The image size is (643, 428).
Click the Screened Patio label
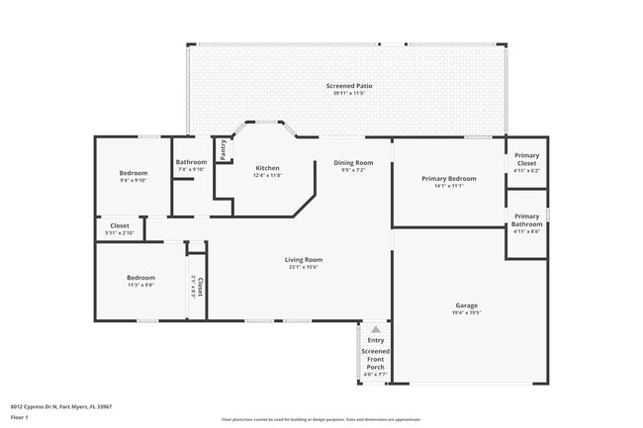coord(349,86)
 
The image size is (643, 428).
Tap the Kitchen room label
coord(268,168)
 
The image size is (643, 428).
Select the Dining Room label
coord(353,162)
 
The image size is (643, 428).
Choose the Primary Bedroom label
coord(449,179)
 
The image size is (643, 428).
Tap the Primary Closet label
coord(526,158)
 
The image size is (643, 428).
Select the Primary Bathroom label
coord(526,219)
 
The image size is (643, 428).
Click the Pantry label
coord(224,149)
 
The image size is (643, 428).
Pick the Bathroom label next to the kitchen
coord(191,162)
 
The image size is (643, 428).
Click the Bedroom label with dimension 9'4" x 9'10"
coord(134,173)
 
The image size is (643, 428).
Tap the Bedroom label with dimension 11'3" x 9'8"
coord(140,278)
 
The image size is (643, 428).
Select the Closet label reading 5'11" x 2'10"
coord(120,225)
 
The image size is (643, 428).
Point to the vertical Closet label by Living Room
coord(200,287)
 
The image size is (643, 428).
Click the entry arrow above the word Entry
coord(375,329)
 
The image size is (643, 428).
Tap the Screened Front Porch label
coord(375,359)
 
